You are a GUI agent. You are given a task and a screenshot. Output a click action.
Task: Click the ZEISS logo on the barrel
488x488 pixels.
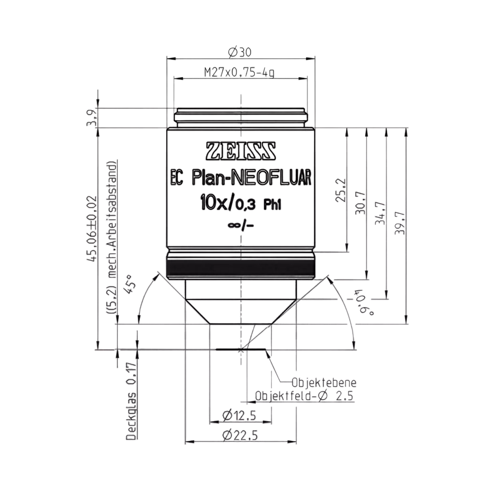pos(241,151)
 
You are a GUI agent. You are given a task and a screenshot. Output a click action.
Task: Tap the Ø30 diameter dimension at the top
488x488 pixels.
pos(239,52)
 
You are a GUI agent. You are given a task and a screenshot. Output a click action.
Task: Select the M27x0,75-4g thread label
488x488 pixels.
pos(239,73)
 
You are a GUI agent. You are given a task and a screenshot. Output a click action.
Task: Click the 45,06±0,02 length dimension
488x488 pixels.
pos(93,229)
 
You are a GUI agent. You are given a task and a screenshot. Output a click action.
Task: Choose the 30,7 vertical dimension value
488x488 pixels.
pos(360,203)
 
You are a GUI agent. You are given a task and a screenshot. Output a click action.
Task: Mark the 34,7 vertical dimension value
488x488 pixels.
pos(380,213)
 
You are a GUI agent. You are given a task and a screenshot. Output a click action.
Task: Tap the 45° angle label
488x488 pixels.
pos(130,284)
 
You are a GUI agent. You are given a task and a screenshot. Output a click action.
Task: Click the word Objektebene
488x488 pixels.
pos(324,390)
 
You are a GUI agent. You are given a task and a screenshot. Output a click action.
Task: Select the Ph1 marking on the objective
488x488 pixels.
pos(272,206)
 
